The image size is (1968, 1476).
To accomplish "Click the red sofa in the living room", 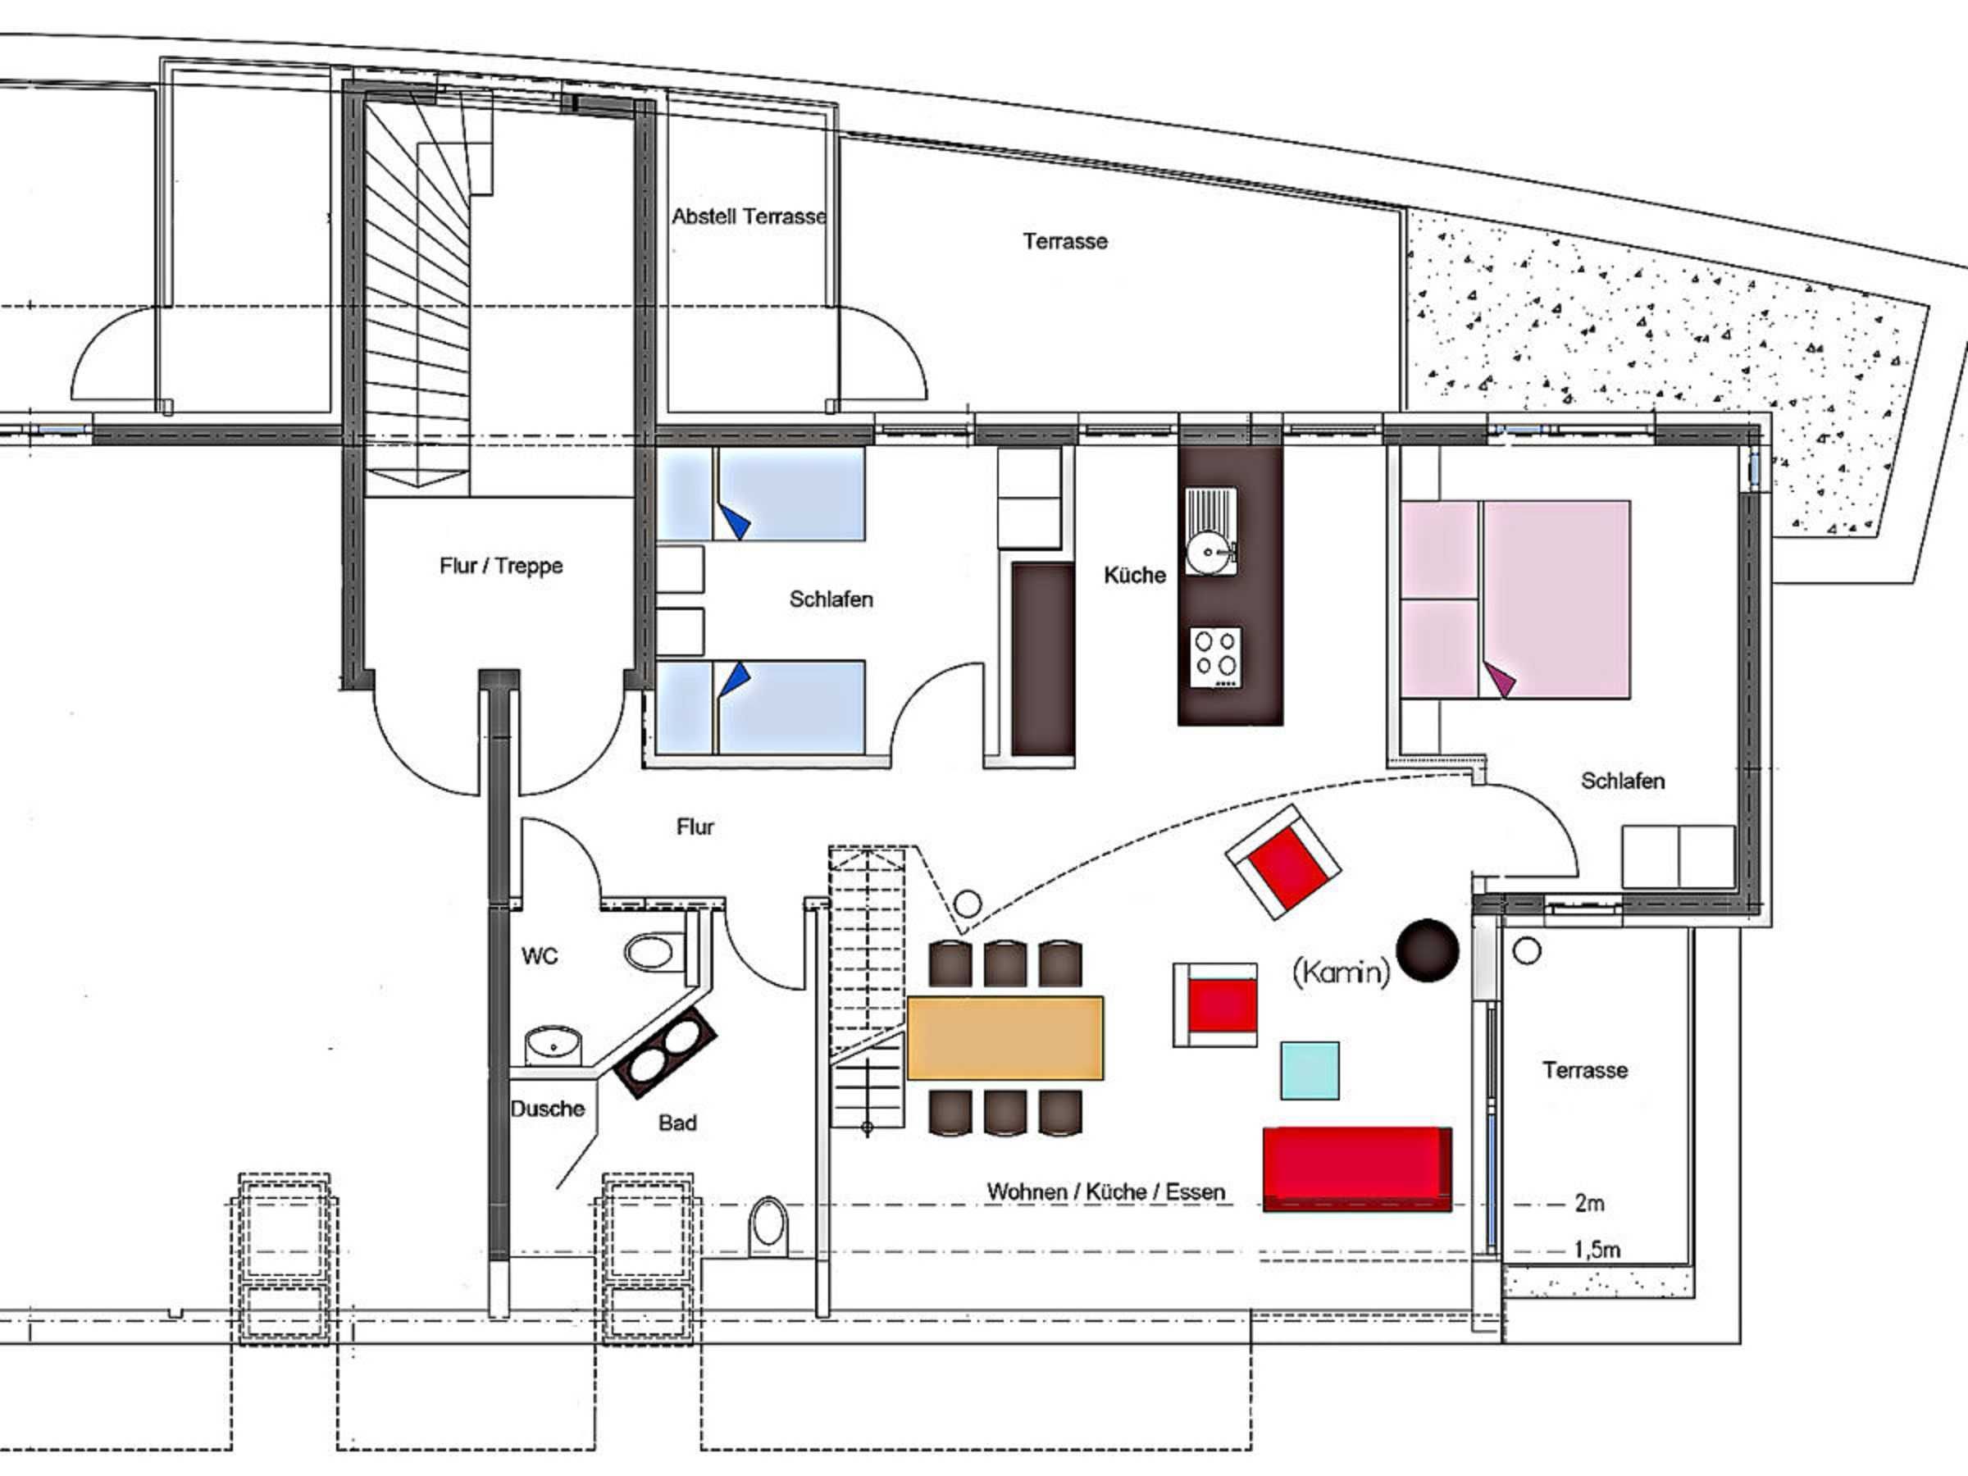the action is pyautogui.click(x=1357, y=1169).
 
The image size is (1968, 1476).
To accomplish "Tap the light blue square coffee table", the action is pyautogui.click(x=1310, y=1071).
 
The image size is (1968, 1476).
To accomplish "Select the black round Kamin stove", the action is pyautogui.click(x=1427, y=950).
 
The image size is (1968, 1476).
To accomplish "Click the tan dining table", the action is pyautogui.click(x=1005, y=1037).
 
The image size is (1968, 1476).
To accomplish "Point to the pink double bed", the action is pyautogui.click(x=1516, y=599).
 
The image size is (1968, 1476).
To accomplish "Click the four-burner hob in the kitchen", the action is pyautogui.click(x=1216, y=658).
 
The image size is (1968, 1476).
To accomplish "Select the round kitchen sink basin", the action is pyautogui.click(x=1208, y=553).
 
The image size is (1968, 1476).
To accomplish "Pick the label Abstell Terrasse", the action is pyautogui.click(x=749, y=216).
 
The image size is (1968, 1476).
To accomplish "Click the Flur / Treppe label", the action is pyautogui.click(x=501, y=566).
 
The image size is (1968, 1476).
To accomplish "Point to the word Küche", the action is pyautogui.click(x=1134, y=575).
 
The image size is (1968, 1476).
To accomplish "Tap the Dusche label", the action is pyautogui.click(x=547, y=1109).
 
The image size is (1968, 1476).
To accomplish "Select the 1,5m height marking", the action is pyautogui.click(x=1597, y=1249).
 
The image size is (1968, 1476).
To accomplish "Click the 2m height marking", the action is pyautogui.click(x=1589, y=1203).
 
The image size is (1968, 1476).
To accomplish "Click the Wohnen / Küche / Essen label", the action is pyautogui.click(x=1106, y=1191).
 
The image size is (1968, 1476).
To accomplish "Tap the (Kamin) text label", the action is pyautogui.click(x=1341, y=971).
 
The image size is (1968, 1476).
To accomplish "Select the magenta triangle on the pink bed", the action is pyautogui.click(x=1499, y=679).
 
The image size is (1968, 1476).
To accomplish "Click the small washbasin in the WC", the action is pyautogui.click(x=553, y=1045).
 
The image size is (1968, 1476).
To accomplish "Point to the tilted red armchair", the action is pyautogui.click(x=1283, y=862).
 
